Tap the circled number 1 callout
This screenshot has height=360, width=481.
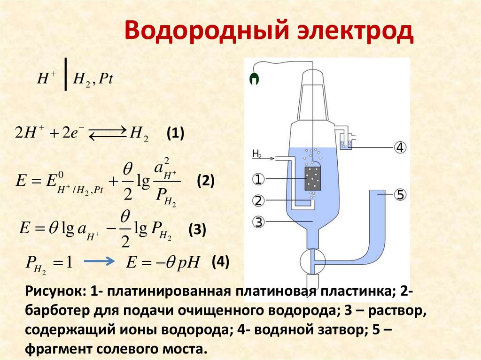tap(259, 179)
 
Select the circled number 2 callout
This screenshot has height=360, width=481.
tap(259, 201)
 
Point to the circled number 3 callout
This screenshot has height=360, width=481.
tap(259, 221)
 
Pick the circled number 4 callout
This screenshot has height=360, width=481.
tap(400, 147)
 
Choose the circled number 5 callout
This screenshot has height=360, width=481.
tap(400, 195)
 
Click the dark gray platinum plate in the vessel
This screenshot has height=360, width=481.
tap(312, 178)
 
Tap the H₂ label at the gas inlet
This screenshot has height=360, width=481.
tap(257, 153)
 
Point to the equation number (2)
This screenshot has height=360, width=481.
tap(205, 181)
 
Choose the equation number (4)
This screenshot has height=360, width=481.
tap(220, 261)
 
